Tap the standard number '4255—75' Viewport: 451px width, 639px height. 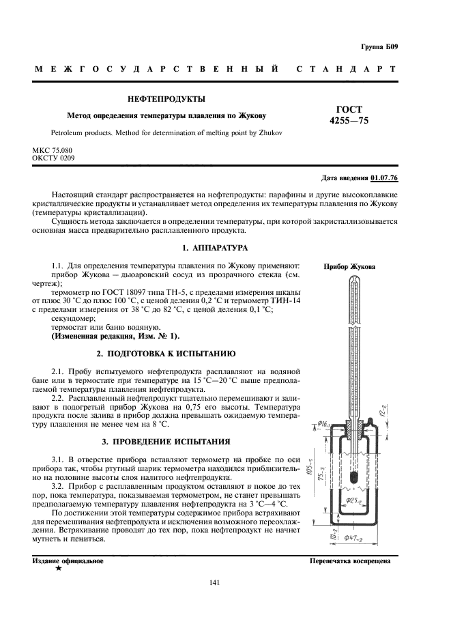pyautogui.click(x=349, y=121)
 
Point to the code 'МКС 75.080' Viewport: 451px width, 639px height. pyautogui.click(x=53, y=150)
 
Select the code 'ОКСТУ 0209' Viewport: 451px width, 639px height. pyautogui.click(x=53, y=158)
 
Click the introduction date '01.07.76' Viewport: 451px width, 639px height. pyautogui.click(x=384, y=179)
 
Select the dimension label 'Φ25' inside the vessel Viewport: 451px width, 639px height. pyautogui.click(x=353, y=500)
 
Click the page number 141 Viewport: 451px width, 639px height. pyautogui.click(x=214, y=582)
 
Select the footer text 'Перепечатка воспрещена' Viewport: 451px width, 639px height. pyautogui.click(x=349, y=560)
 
